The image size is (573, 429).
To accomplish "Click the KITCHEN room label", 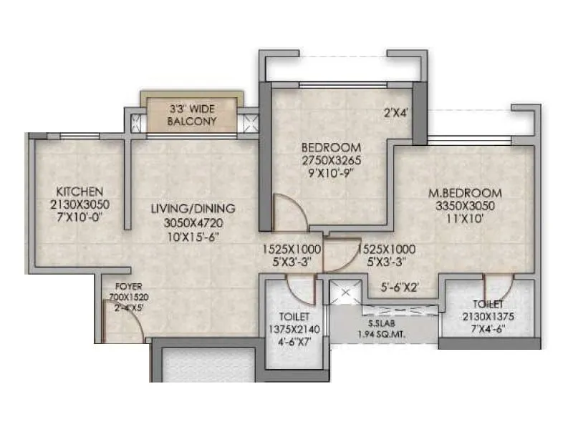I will (x=80, y=192).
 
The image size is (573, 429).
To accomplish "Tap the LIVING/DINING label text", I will (x=193, y=208).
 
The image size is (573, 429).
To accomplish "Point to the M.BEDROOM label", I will (x=465, y=193).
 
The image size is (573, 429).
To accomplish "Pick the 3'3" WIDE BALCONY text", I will (x=192, y=115).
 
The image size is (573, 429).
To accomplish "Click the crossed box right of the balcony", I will (x=251, y=122).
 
